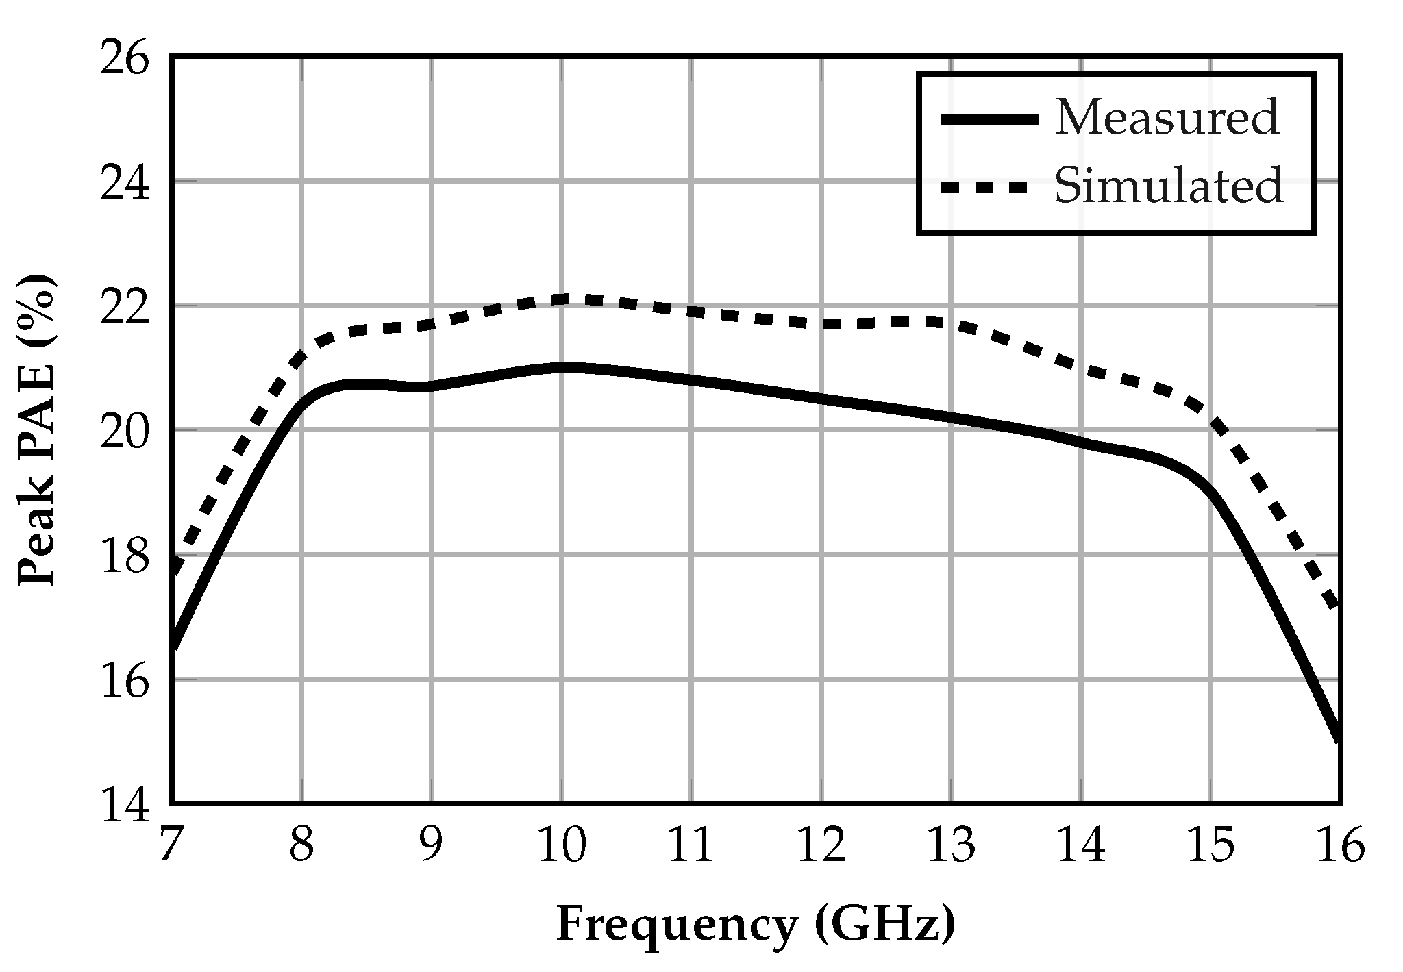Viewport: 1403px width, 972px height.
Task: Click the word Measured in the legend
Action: tap(1167, 118)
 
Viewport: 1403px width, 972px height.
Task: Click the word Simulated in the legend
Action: tap(1169, 186)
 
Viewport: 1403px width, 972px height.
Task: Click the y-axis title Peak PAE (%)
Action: tap(36, 430)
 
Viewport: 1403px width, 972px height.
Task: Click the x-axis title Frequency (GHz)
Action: tap(755, 925)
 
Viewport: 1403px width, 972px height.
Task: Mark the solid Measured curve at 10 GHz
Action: tap(561, 369)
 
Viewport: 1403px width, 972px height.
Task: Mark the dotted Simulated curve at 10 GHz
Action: tap(561, 299)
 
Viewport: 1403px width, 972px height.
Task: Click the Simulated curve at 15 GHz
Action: tap(1210, 419)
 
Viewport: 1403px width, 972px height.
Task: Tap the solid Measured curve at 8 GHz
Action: tap(301, 405)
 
